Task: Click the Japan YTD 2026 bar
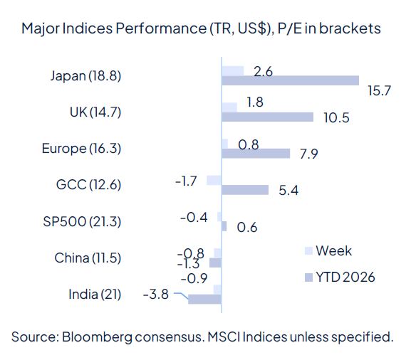pos(290,81)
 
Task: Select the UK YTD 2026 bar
pos(267,117)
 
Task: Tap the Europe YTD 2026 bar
pos(256,153)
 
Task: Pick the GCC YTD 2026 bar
pos(245,190)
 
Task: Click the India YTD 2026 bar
pos(204,300)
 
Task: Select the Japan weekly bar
pos(232,70)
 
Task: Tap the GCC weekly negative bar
pos(214,180)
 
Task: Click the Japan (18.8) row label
pos(86,75)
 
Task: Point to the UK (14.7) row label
pos(95,112)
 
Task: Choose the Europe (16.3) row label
pos(81,148)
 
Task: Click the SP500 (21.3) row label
pos(82,221)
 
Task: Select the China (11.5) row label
pos(88,258)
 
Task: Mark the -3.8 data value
pos(155,294)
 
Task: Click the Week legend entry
pos(333,250)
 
